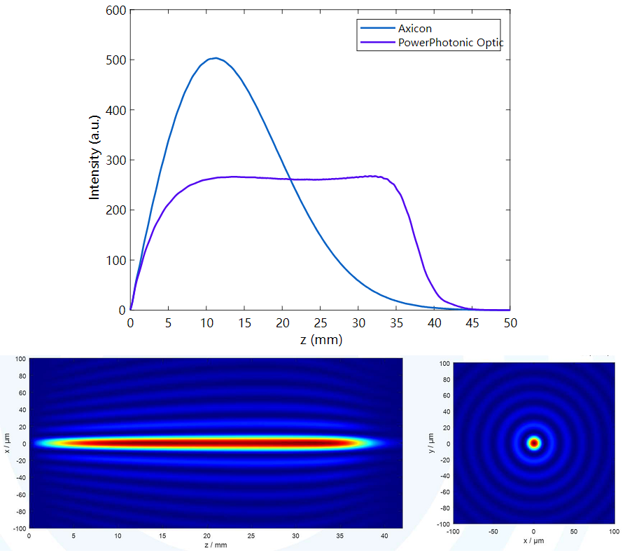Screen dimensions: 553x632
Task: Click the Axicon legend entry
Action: tap(415, 29)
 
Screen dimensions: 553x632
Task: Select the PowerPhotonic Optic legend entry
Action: tap(450, 43)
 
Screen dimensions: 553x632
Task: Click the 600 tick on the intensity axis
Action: tap(116, 11)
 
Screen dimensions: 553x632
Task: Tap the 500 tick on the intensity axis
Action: tap(116, 60)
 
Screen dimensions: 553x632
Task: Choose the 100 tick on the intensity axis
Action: tap(116, 260)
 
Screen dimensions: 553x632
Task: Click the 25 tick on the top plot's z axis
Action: tap(320, 323)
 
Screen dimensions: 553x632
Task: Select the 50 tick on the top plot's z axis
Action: tap(510, 323)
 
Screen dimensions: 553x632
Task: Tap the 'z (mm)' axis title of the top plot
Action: tap(320, 339)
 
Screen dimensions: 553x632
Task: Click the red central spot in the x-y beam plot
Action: tap(534, 443)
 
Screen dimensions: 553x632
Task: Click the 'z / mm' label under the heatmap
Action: tap(216, 544)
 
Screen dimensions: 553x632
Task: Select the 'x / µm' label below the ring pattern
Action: tap(534, 540)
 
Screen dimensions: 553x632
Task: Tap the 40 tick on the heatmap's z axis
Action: tap(384, 535)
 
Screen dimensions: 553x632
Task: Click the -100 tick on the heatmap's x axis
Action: tap(18, 527)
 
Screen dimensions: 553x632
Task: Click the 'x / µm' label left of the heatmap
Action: tap(6, 443)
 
